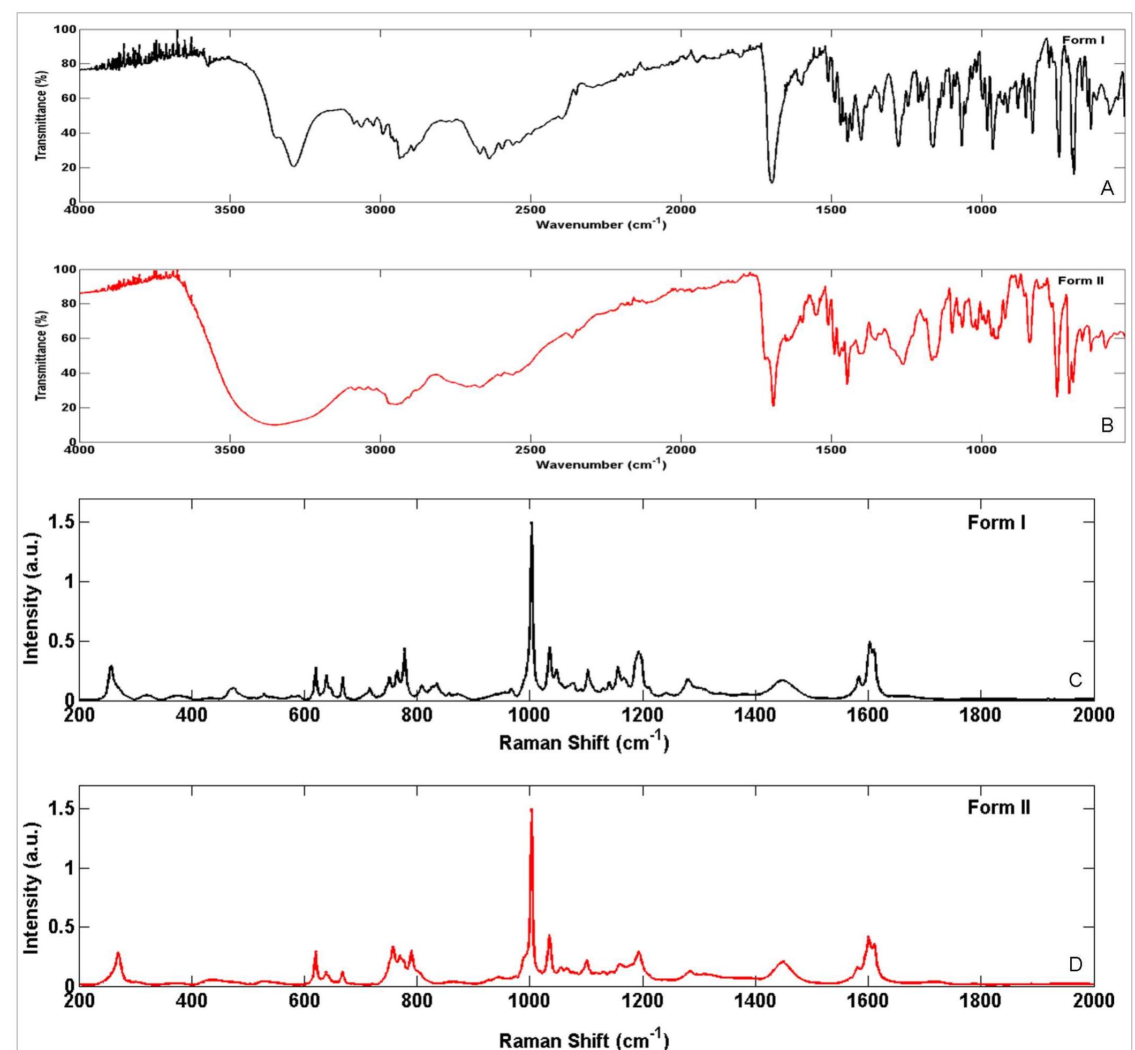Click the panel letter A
click(x=1106, y=188)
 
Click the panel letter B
click(x=1106, y=425)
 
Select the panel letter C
click(x=1076, y=680)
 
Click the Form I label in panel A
click(x=1083, y=40)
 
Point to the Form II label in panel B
click(x=1080, y=280)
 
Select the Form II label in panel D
click(x=998, y=808)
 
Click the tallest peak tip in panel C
click(x=531, y=523)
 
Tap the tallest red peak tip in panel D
click(x=531, y=810)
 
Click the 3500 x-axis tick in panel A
click(x=230, y=210)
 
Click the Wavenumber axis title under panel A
click(x=601, y=224)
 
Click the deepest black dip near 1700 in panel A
click(x=771, y=182)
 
